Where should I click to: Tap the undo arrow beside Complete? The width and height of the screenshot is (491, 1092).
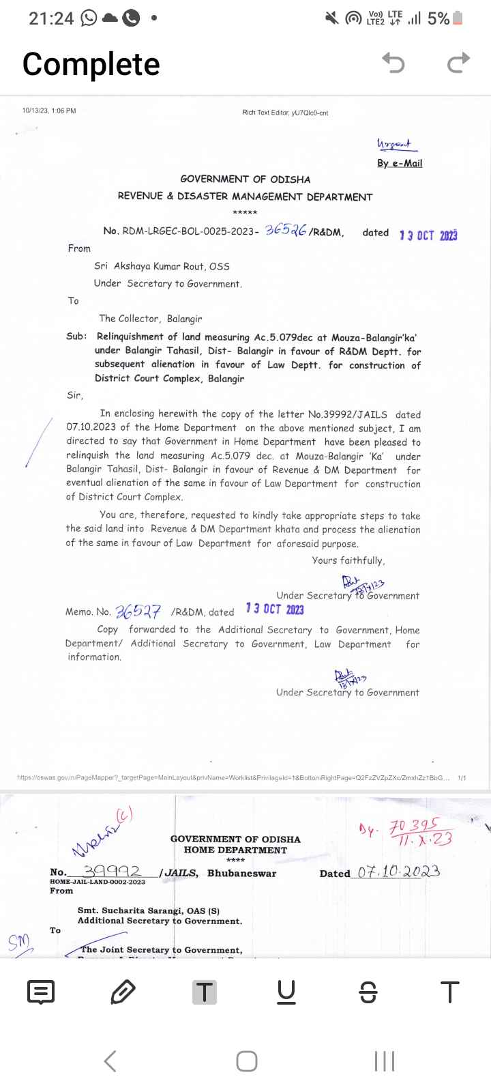393,63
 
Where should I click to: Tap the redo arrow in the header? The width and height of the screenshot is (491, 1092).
458,63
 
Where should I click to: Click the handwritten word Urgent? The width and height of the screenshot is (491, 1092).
394,145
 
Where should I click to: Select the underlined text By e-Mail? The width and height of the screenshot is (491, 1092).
400,163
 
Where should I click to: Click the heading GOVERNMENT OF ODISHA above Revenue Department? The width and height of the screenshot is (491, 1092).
245,179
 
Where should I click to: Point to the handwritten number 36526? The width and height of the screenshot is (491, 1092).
286,230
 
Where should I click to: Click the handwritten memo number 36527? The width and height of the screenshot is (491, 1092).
138,610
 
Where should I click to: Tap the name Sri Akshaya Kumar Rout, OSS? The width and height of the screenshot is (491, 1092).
162,266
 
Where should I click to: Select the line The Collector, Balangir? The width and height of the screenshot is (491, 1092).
150,319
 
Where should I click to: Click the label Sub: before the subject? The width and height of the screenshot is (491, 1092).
76,336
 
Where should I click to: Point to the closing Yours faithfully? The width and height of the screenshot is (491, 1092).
348,560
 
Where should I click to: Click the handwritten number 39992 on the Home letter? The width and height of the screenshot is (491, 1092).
112,871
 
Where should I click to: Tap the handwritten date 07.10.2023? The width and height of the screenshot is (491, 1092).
399,872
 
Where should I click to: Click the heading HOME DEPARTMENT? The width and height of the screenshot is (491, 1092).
235,850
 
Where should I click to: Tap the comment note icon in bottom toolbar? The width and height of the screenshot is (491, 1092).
41,992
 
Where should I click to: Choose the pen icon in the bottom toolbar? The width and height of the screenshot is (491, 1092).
123,992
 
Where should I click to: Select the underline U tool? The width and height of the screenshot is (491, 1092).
286,992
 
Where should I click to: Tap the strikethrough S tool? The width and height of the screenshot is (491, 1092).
368,992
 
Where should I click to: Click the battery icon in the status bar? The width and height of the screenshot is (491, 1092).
458,18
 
